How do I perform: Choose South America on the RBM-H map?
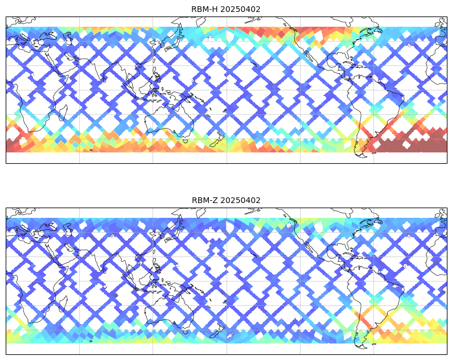[376, 108]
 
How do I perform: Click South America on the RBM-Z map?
[376, 299]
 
